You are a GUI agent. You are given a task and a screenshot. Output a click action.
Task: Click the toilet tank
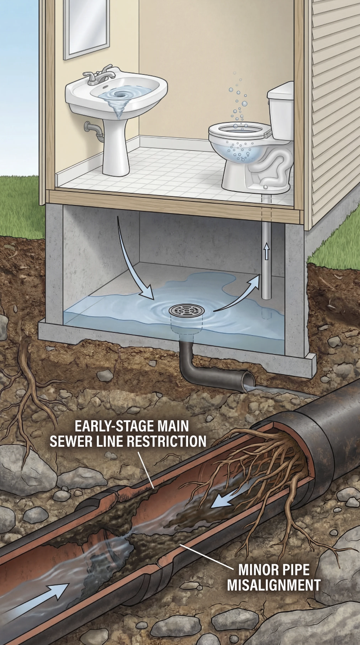click(280, 110)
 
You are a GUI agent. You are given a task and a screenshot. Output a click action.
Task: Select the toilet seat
click(240, 130)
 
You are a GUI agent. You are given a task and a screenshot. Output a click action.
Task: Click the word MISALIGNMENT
click(273, 585)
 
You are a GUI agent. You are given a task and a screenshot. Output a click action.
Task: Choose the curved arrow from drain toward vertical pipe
click(238, 294)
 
